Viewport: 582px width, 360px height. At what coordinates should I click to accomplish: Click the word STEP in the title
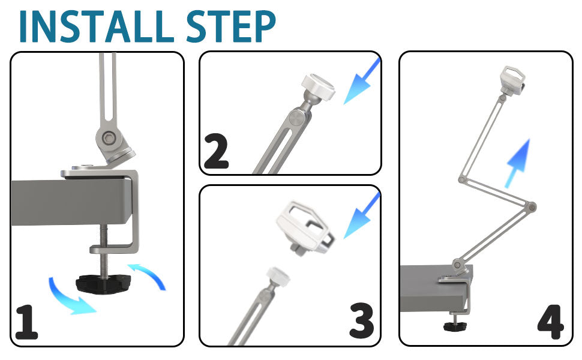tap(231, 26)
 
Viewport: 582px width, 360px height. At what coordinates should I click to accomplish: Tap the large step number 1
tap(26, 322)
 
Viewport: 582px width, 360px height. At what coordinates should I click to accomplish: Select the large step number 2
tap(217, 151)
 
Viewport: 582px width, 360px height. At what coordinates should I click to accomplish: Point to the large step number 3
tap(362, 320)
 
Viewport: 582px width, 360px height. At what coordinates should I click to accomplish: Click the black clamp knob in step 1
tap(103, 284)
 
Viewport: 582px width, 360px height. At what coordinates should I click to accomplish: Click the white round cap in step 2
tap(319, 86)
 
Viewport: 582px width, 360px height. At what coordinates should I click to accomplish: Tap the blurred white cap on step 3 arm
tap(278, 277)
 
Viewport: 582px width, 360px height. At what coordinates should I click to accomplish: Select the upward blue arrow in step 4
tap(518, 163)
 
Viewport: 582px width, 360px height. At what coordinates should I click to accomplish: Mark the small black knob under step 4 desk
tap(455, 326)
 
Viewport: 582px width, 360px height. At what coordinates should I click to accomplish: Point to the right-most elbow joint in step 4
tap(531, 207)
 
